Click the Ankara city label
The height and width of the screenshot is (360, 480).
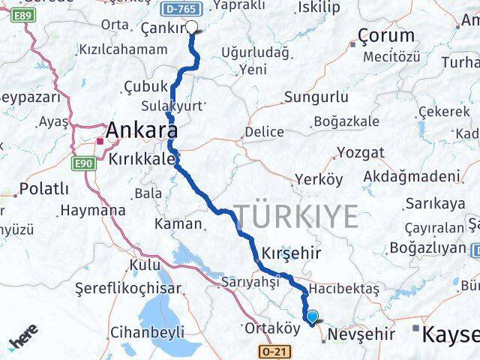(x=146, y=130)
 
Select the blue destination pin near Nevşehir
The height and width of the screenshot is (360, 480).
(x=313, y=318)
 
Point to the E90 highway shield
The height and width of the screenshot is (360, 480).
(x=83, y=161)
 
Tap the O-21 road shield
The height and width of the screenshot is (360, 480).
(x=274, y=351)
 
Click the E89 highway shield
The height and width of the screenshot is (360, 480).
(x=25, y=14)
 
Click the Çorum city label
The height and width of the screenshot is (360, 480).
(x=386, y=35)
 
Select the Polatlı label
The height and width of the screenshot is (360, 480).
(x=44, y=188)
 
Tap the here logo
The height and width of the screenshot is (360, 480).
(x=25, y=341)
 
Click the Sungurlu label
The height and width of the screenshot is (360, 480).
(x=316, y=97)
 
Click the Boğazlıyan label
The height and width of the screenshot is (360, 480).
(x=427, y=247)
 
